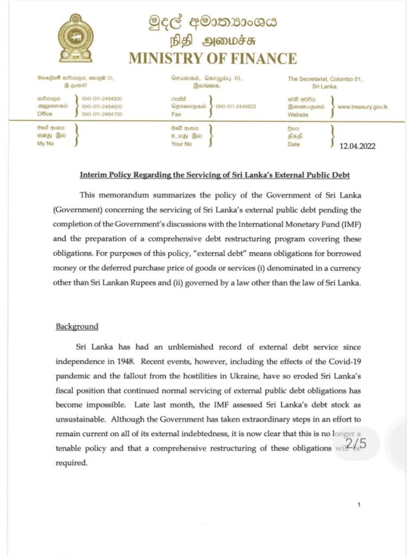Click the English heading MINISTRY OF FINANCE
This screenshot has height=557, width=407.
coord(213,59)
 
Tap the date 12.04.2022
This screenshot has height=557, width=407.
coord(357,146)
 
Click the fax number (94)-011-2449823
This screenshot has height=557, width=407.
coord(236,107)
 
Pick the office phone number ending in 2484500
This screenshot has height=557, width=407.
coord(102,99)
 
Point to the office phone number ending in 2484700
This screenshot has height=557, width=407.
coord(102,114)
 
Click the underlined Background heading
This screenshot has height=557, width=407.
coord(77,326)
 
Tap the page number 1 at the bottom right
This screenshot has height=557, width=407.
coord(360,505)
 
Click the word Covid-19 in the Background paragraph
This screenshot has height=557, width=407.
coord(341,361)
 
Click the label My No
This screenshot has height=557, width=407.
coord(45,144)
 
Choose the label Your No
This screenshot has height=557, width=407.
coord(181,144)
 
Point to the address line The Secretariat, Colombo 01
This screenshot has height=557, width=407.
coord(325,79)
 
